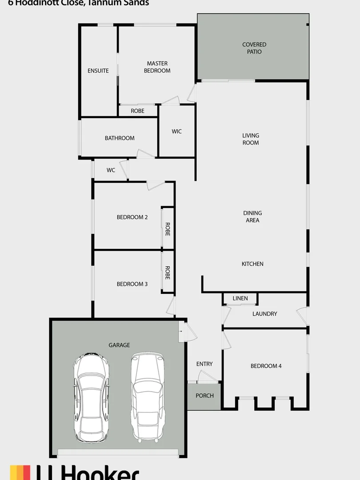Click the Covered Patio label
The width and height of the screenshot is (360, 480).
click(x=254, y=48)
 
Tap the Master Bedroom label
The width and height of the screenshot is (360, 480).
click(x=157, y=67)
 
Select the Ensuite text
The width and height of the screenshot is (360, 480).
click(x=98, y=71)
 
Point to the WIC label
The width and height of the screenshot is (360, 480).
click(x=177, y=132)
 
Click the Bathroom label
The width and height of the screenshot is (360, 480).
click(x=120, y=138)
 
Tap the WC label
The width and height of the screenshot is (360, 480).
click(x=111, y=170)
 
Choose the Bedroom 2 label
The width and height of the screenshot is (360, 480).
click(x=132, y=217)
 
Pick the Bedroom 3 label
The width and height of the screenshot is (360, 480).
click(x=132, y=284)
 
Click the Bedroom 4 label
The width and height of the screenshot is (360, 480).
click(x=266, y=366)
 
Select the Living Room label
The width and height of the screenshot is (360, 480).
click(x=251, y=139)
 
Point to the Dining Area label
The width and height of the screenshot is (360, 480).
click(x=252, y=216)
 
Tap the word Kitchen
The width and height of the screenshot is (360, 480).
click(x=252, y=264)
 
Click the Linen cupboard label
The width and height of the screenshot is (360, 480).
click(x=240, y=299)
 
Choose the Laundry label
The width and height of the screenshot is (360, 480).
click(x=264, y=314)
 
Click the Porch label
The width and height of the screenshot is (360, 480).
click(x=205, y=396)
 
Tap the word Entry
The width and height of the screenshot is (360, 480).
click(x=204, y=364)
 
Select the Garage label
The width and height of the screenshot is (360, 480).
click(x=120, y=345)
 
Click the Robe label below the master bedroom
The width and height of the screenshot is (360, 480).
click(x=138, y=111)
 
